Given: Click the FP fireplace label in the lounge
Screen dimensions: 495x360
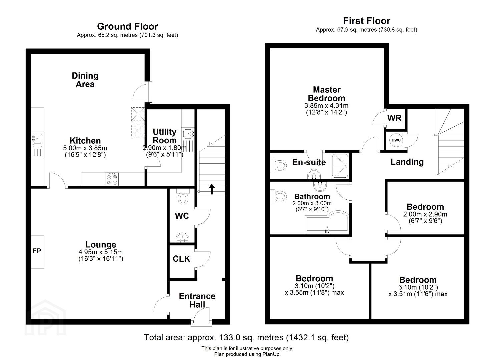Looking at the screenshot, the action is click(37, 251).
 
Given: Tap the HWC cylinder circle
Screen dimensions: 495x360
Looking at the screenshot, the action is click(396, 140).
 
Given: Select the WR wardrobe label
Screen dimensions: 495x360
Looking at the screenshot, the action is click(395, 118).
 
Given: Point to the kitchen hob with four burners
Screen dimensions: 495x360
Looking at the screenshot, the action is click(112, 179).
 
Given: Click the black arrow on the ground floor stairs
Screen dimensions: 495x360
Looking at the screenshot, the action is click(212, 189).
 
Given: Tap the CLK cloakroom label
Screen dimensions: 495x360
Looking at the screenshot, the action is click(181, 259).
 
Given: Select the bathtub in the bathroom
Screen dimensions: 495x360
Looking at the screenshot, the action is click(327, 223).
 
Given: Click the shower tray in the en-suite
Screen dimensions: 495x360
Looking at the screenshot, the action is click(340, 166).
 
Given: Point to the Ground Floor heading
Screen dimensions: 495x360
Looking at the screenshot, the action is click(128, 27).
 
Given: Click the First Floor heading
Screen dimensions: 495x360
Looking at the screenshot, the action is click(367, 21).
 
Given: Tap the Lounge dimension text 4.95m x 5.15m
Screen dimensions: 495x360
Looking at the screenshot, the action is click(101, 252).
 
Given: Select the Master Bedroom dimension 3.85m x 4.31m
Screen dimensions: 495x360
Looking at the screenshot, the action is click(327, 105).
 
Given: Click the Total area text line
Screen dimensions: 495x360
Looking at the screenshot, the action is click(246, 337).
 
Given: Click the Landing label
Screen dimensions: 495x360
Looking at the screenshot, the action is click(407, 162).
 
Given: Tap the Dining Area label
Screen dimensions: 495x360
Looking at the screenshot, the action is click(85, 80).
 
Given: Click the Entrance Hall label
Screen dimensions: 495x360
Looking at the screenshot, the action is click(197, 300).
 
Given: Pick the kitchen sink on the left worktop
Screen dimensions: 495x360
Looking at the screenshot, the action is click(37, 140).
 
